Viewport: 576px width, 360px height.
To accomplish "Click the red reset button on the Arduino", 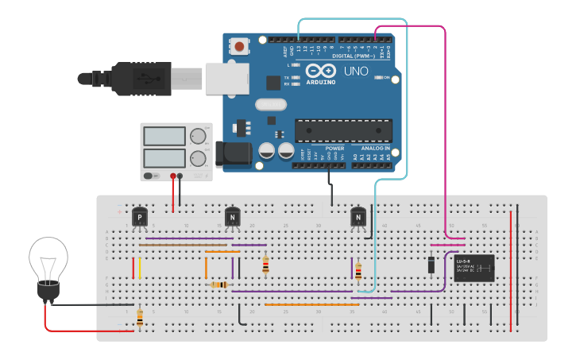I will pos(239,47).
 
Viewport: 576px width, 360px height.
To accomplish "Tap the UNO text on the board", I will pos(355,72).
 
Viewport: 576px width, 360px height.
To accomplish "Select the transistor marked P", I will pos(140,216).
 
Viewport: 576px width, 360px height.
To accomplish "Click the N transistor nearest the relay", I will pos(358,216).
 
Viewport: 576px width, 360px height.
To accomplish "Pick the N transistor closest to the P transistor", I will pos(232,216).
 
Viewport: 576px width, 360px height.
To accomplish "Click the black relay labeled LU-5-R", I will pos(474,269).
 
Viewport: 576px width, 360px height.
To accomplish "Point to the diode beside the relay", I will pos(431,264).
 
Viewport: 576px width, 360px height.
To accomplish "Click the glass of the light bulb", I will pos(48,258).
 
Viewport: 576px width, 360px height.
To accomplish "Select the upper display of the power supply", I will pos(164,136).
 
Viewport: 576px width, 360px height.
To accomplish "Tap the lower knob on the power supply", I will pos(198,158).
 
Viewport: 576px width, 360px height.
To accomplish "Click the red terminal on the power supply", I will pos(173,176).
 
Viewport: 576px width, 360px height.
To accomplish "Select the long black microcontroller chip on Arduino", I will pos(343,130).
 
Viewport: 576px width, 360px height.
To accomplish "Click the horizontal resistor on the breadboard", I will pos(219,285).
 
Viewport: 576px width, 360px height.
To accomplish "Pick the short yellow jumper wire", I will pos(141,268).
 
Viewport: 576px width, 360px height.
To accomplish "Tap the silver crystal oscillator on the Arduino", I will pos(270,104).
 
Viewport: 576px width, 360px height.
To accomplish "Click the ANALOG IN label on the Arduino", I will pos(375,149).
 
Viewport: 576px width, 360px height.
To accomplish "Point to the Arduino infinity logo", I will pos(321,72).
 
